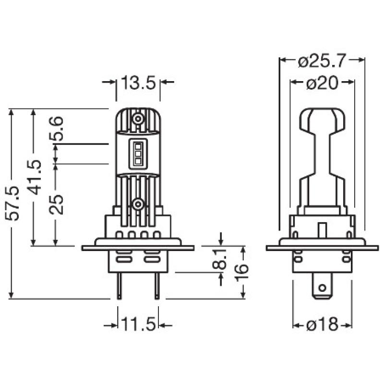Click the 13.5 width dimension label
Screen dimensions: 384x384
(138, 83)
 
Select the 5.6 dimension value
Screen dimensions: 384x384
(57, 129)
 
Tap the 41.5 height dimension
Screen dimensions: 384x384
(35, 177)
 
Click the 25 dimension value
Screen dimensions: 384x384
(57, 204)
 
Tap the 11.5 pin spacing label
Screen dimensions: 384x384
(138, 325)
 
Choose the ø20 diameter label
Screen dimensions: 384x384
(322, 83)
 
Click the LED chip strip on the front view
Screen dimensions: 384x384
(138, 154)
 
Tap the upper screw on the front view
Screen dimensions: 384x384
(138, 118)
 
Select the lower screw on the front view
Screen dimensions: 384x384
(138, 205)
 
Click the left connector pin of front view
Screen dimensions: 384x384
(118, 288)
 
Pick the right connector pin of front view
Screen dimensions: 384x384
(157, 288)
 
